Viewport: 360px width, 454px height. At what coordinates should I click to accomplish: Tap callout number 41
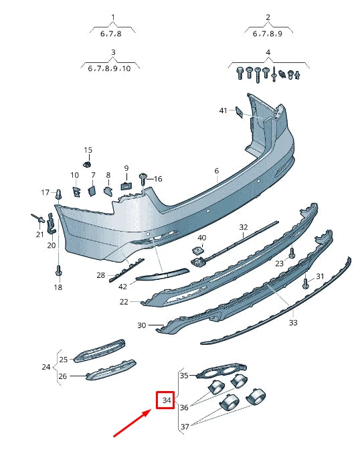[x=223, y=110]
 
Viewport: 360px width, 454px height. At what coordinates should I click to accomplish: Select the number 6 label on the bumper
[x=217, y=171]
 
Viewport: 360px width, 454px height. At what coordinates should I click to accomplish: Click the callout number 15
[x=88, y=150]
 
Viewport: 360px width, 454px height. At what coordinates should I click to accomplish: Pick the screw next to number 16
[x=143, y=177]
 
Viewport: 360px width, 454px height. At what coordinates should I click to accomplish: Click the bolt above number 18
[x=58, y=271]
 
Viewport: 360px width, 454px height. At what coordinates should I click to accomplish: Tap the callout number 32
[x=244, y=228]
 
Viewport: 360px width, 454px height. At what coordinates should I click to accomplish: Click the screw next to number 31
[x=306, y=283]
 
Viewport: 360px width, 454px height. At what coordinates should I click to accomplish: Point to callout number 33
[x=293, y=323]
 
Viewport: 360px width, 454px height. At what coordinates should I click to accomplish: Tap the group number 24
[x=46, y=367]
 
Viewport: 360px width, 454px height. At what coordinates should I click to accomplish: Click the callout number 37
[x=185, y=426]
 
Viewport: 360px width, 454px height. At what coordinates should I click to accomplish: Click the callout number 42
[x=122, y=287]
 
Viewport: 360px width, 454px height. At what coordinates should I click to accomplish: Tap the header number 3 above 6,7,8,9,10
[x=113, y=52]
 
